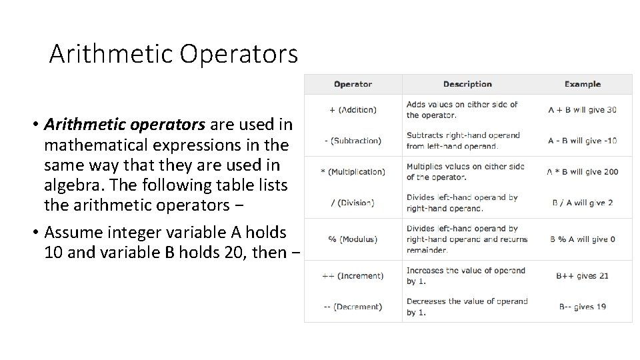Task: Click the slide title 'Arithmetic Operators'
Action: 173,53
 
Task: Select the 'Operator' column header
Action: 353,84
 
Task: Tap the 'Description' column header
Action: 467,84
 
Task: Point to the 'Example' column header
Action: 582,84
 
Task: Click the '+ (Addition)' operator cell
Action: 353,109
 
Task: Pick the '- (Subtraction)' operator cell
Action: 353,141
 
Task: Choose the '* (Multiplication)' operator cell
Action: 353,171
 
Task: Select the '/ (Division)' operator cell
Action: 353,203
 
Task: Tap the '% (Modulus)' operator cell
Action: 353,239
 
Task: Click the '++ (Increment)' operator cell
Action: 353,276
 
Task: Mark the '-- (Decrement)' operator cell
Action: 353,307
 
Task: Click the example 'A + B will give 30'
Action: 582,109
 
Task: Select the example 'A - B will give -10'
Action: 582,141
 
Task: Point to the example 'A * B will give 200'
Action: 582,171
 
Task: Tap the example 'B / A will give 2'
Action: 582,203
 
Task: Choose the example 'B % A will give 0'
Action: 582,239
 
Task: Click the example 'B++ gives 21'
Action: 582,276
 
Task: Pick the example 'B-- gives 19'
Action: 582,307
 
